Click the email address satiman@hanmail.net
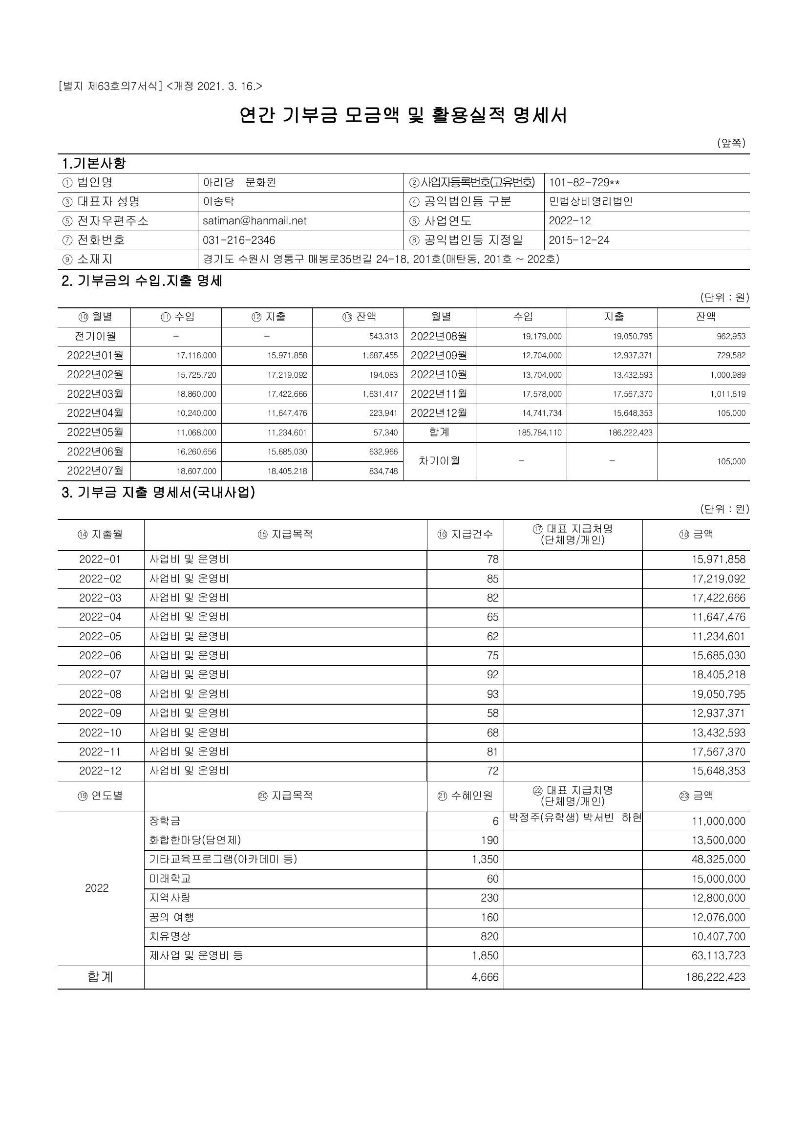coord(254,221)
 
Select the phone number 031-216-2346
coord(239,240)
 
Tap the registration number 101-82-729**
coord(584,183)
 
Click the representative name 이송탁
coord(218,202)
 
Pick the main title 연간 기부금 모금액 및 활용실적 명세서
coord(403,115)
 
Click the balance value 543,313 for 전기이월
coord(383,337)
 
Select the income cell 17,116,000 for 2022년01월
coord(196,356)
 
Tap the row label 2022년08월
coord(439,337)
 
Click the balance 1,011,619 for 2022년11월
coord(728,394)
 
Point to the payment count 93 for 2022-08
coord(492,694)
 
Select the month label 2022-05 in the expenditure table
coord(100,636)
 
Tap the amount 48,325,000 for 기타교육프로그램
coord(719,859)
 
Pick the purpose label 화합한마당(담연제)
coord(195,840)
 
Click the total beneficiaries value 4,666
coord(485,977)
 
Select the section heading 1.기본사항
coord(93,163)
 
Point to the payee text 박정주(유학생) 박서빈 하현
coord(575,818)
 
